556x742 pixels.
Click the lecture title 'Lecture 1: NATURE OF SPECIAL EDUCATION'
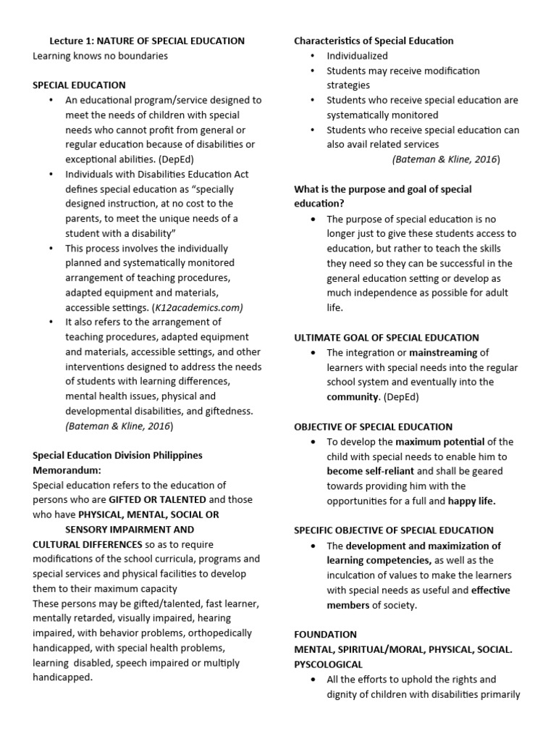(147, 41)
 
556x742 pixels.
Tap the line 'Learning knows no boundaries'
(100, 55)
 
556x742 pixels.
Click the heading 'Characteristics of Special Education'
(374, 41)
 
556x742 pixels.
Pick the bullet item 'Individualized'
(357, 56)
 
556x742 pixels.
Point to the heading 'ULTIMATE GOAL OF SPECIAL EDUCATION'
(386, 338)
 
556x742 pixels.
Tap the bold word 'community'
(353, 397)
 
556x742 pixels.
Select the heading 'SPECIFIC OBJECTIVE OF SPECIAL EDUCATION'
(393, 530)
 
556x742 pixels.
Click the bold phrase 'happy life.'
(471, 501)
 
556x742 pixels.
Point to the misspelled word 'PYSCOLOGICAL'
(328, 664)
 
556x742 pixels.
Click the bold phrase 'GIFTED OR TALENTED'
(157, 500)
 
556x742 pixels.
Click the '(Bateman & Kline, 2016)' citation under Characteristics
(445, 159)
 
